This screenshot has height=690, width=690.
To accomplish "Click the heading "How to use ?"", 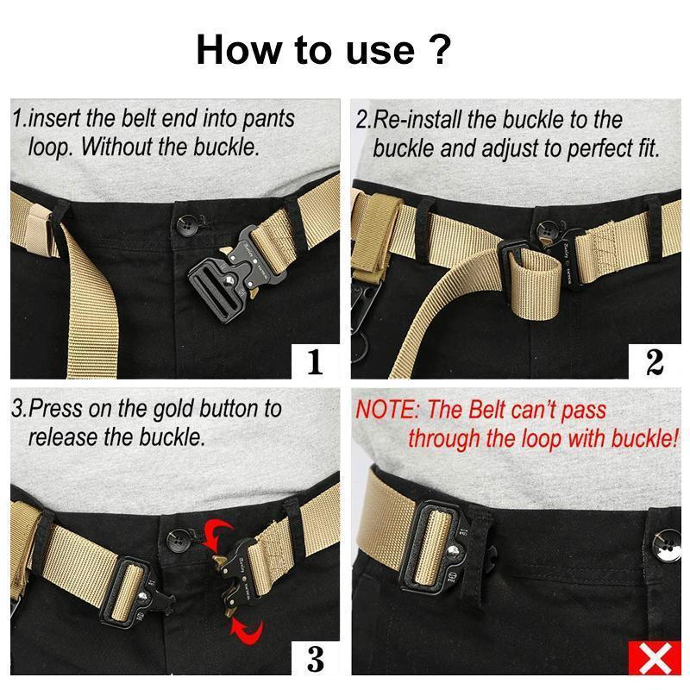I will pos(323,49).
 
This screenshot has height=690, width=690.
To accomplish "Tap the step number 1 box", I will pos(315,361).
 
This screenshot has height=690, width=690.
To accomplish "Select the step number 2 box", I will pos(654,361).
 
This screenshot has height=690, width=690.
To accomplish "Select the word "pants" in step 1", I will pos(267,119).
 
